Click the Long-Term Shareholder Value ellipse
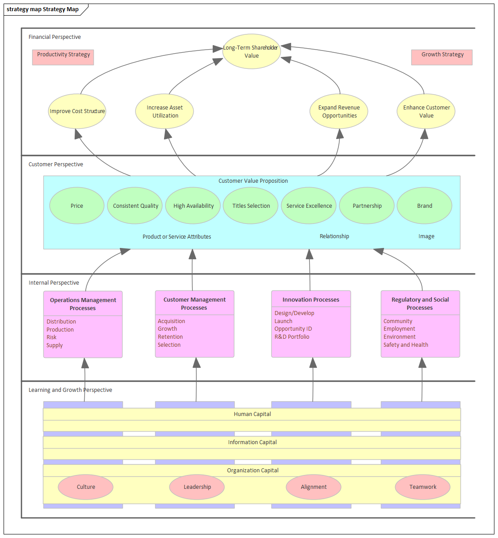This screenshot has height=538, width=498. click(x=251, y=51)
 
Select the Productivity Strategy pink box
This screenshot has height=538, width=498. click(x=63, y=57)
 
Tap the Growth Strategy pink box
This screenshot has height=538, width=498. click(x=442, y=57)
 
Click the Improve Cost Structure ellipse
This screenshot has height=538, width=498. click(x=77, y=111)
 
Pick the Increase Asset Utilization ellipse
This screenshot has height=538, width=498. click(x=165, y=111)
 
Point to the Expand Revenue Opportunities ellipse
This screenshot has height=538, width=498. click(x=339, y=111)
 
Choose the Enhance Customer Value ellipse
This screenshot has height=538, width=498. click(x=426, y=111)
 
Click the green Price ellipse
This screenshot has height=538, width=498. click(x=77, y=206)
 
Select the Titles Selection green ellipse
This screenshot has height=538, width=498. click(x=251, y=206)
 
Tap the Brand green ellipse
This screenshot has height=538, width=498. click(x=424, y=206)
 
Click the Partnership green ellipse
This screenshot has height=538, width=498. click(x=367, y=206)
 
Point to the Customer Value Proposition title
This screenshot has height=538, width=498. click(x=253, y=181)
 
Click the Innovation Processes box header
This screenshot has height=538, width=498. click(x=311, y=299)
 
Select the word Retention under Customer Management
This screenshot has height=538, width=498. click(x=170, y=337)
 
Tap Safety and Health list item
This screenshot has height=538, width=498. click(x=405, y=345)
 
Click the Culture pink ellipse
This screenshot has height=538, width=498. click(x=85, y=487)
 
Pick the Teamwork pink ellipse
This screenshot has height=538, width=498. click(x=422, y=487)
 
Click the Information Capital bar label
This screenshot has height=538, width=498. click(x=252, y=442)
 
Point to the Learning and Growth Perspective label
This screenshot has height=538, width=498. click(x=70, y=390)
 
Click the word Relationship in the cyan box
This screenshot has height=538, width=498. click(x=334, y=236)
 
